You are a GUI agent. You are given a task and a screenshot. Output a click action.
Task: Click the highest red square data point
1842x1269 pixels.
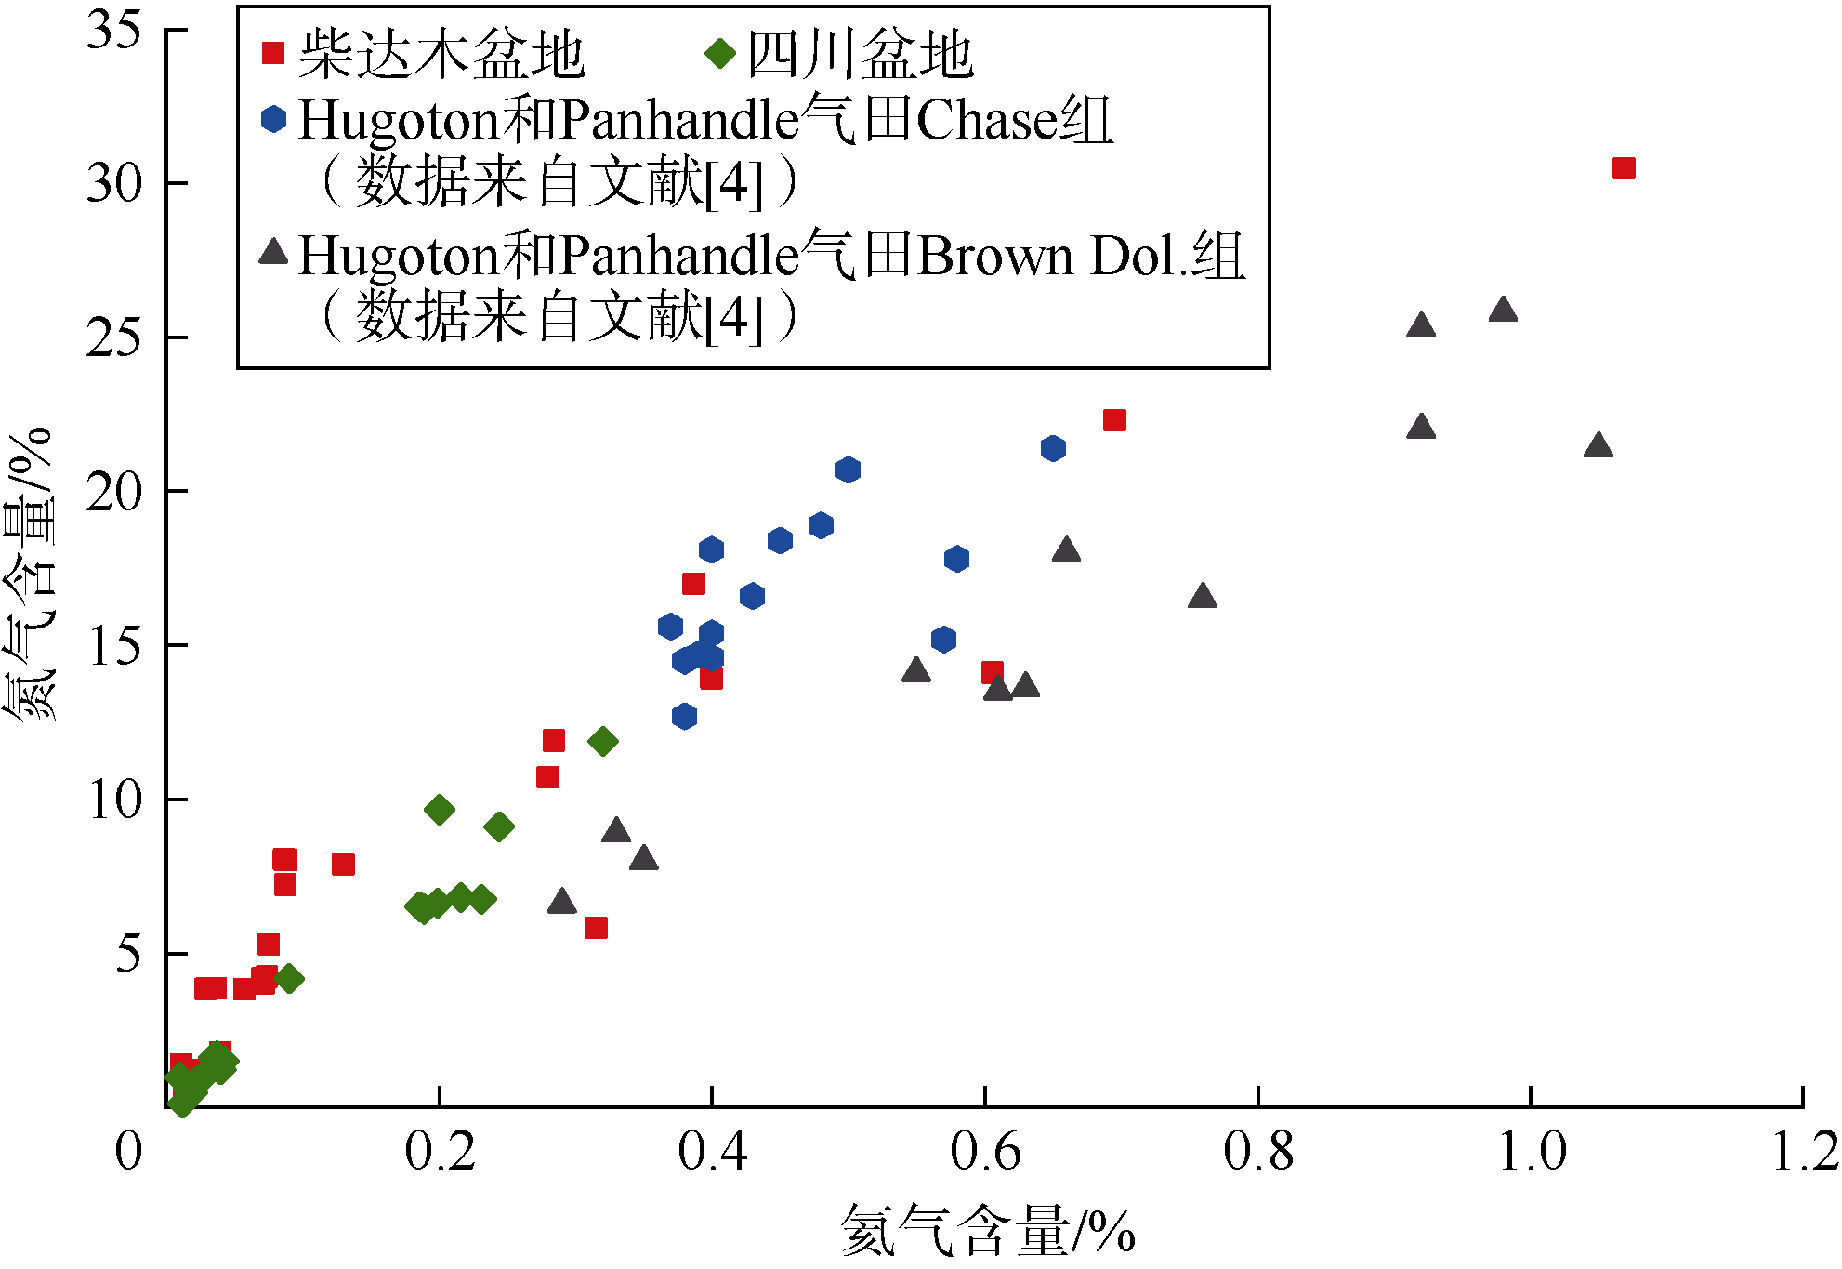coord(1623,168)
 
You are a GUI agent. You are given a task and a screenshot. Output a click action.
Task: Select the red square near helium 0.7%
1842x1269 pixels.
coord(1113,420)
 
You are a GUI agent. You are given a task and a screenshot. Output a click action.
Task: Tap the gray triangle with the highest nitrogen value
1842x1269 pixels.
coord(1502,310)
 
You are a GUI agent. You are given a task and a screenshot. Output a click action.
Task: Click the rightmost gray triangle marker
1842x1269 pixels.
coord(1597,445)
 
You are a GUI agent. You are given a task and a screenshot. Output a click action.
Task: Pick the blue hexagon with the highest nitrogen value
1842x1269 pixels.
coord(1052,448)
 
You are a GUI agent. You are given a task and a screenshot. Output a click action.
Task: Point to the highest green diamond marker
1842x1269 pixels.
coord(602,741)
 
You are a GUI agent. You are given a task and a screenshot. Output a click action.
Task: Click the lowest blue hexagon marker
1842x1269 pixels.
coord(684,716)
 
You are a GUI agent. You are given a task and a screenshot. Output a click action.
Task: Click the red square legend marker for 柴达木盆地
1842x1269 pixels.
coord(272,53)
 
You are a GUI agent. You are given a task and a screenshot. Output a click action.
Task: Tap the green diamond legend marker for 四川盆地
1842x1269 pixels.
coord(719,53)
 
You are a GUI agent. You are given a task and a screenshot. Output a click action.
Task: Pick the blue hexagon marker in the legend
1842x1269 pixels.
coord(273,119)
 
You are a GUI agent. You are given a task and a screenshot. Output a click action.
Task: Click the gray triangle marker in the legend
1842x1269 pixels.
coord(273,251)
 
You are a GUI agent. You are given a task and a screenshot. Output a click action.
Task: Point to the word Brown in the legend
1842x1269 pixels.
coord(995,256)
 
